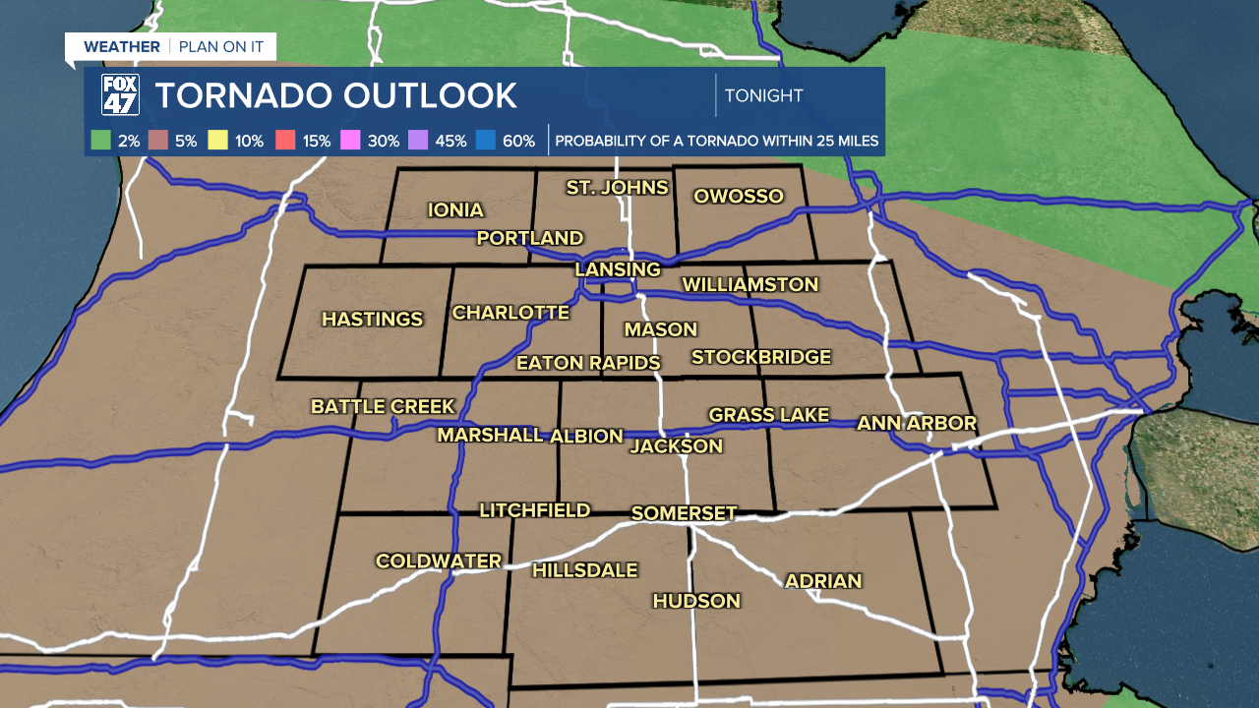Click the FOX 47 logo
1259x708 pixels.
click(120, 95)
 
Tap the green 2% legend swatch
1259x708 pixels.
click(100, 141)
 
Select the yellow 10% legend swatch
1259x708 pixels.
click(218, 141)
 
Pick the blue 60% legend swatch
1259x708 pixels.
click(485, 141)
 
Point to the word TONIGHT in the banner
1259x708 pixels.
click(763, 95)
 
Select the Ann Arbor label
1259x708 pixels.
click(917, 423)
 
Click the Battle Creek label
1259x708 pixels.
click(383, 406)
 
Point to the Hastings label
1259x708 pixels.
click(373, 319)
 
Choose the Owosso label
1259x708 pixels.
click(739, 196)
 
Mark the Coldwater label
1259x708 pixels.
click(439, 560)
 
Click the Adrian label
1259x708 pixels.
click(823, 580)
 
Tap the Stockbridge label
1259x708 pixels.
click(761, 357)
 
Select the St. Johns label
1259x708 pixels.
click(617, 187)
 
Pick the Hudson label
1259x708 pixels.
click(696, 600)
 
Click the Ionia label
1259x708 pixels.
click(455, 209)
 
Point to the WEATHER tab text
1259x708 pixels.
click(121, 46)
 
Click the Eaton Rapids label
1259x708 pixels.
click(588, 363)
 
